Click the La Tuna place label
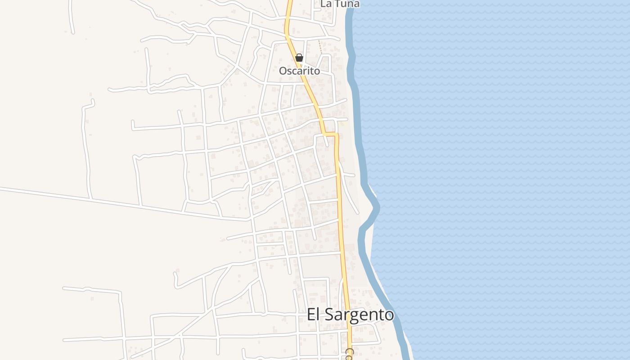point(340,4)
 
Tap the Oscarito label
point(299,71)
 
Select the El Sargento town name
point(351,315)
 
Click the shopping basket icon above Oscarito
point(299,58)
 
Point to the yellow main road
point(340,202)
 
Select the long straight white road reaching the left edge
point(112,202)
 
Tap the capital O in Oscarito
point(283,71)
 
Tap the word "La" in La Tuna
point(326,4)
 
